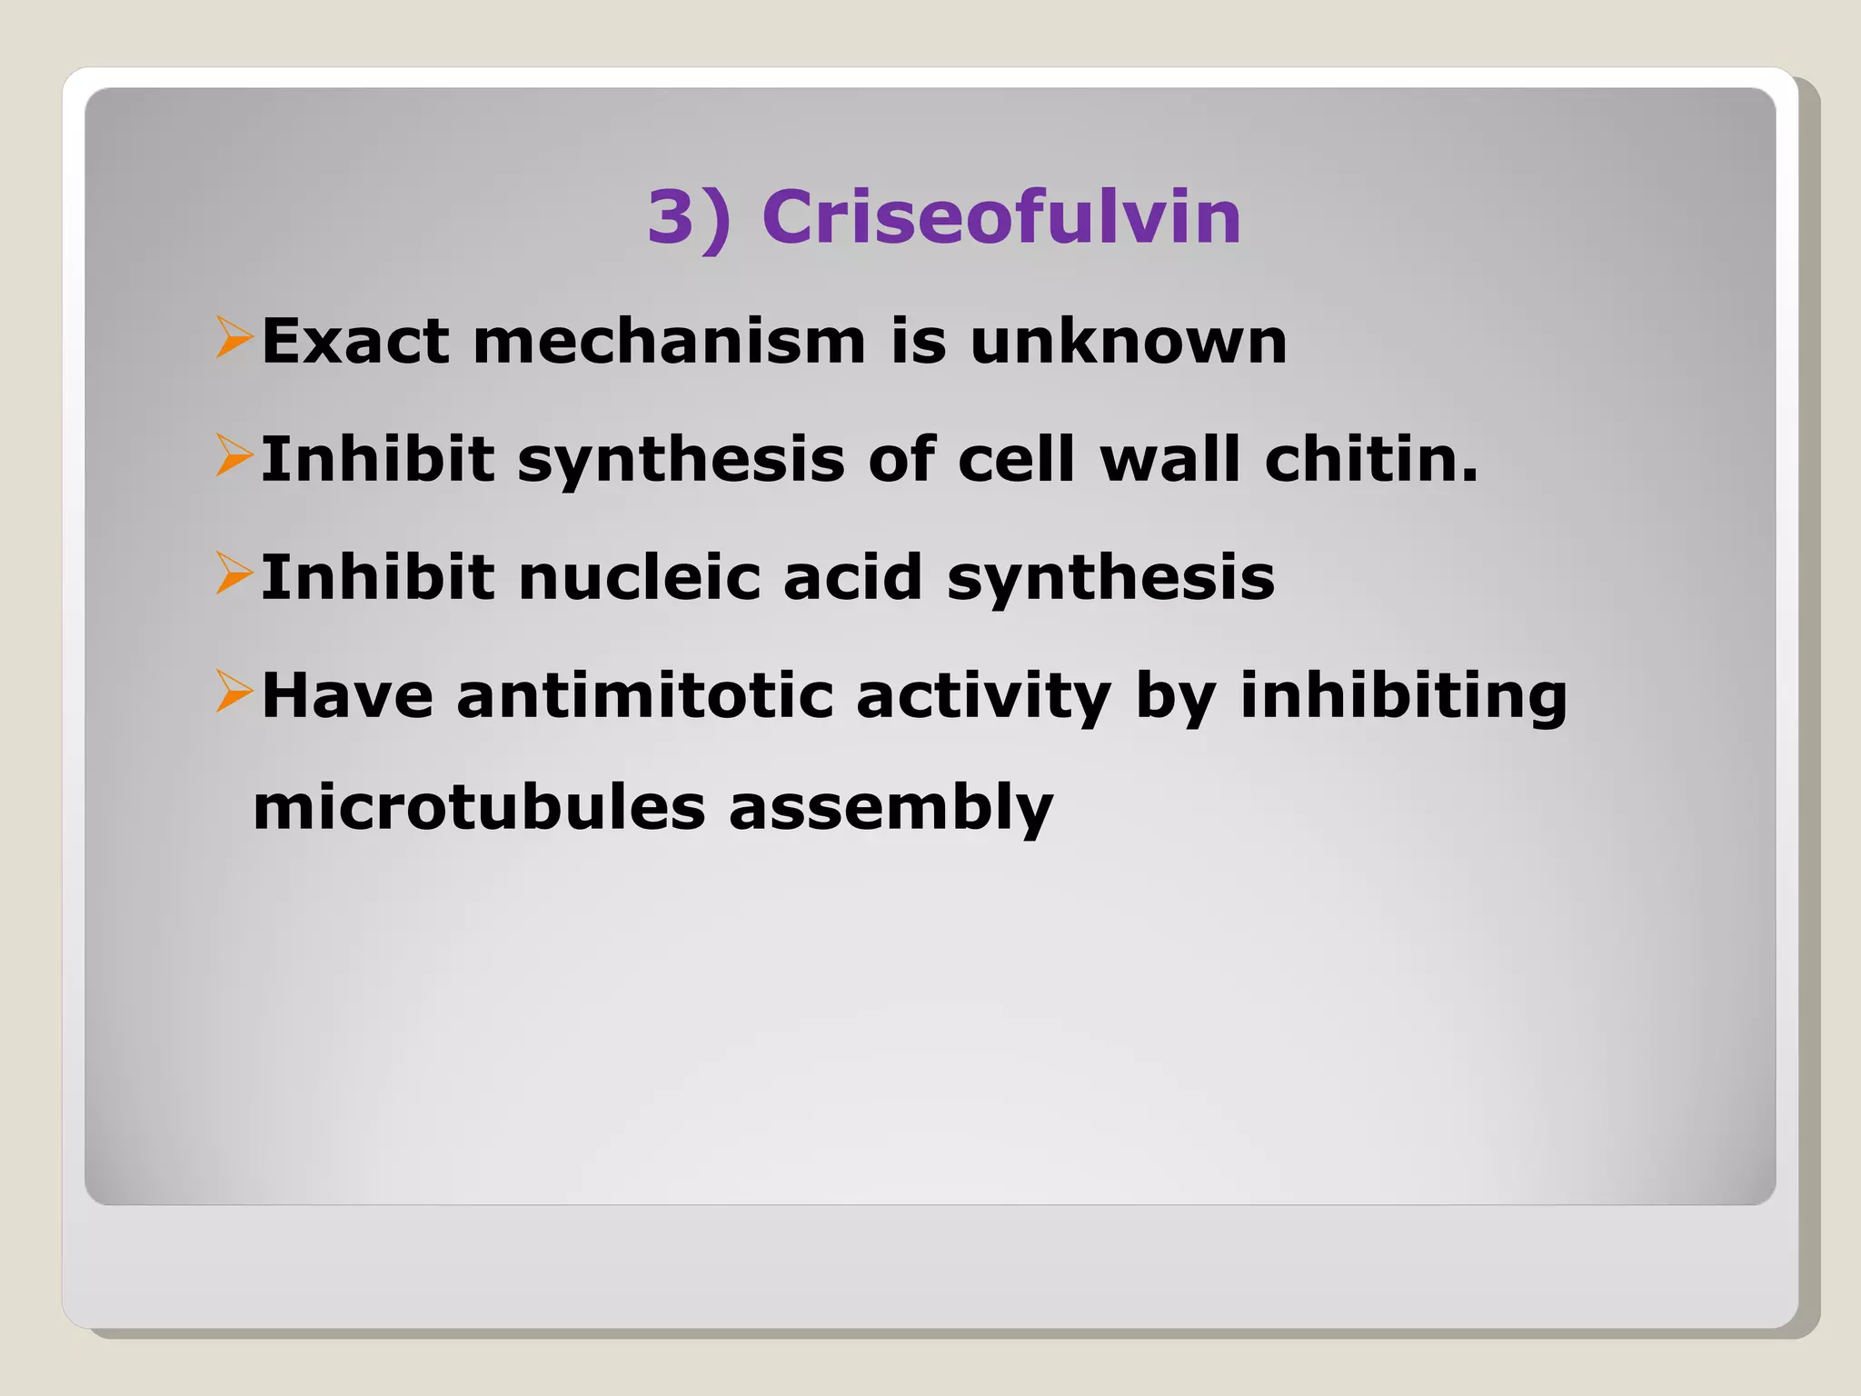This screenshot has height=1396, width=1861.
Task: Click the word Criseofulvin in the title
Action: click(x=1000, y=217)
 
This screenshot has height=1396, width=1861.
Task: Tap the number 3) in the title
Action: click(x=690, y=217)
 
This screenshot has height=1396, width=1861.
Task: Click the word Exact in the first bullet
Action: click(x=355, y=342)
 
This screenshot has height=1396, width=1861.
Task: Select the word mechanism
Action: click(x=670, y=342)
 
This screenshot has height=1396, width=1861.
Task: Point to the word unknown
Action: click(x=1128, y=342)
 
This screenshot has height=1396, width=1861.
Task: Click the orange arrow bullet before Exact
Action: click(x=234, y=337)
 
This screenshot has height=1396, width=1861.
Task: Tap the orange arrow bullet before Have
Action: click(x=234, y=692)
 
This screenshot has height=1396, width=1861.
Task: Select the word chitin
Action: click(x=1371, y=459)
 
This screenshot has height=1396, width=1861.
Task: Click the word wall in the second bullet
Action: click(x=1169, y=459)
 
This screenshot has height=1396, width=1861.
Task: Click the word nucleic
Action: click(x=639, y=577)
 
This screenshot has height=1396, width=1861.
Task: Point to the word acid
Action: click(x=852, y=577)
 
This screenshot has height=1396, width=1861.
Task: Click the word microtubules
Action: click(x=479, y=808)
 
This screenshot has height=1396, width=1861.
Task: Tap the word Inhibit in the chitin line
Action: click(x=377, y=459)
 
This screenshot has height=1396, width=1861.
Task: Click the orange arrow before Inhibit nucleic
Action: click(x=234, y=573)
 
